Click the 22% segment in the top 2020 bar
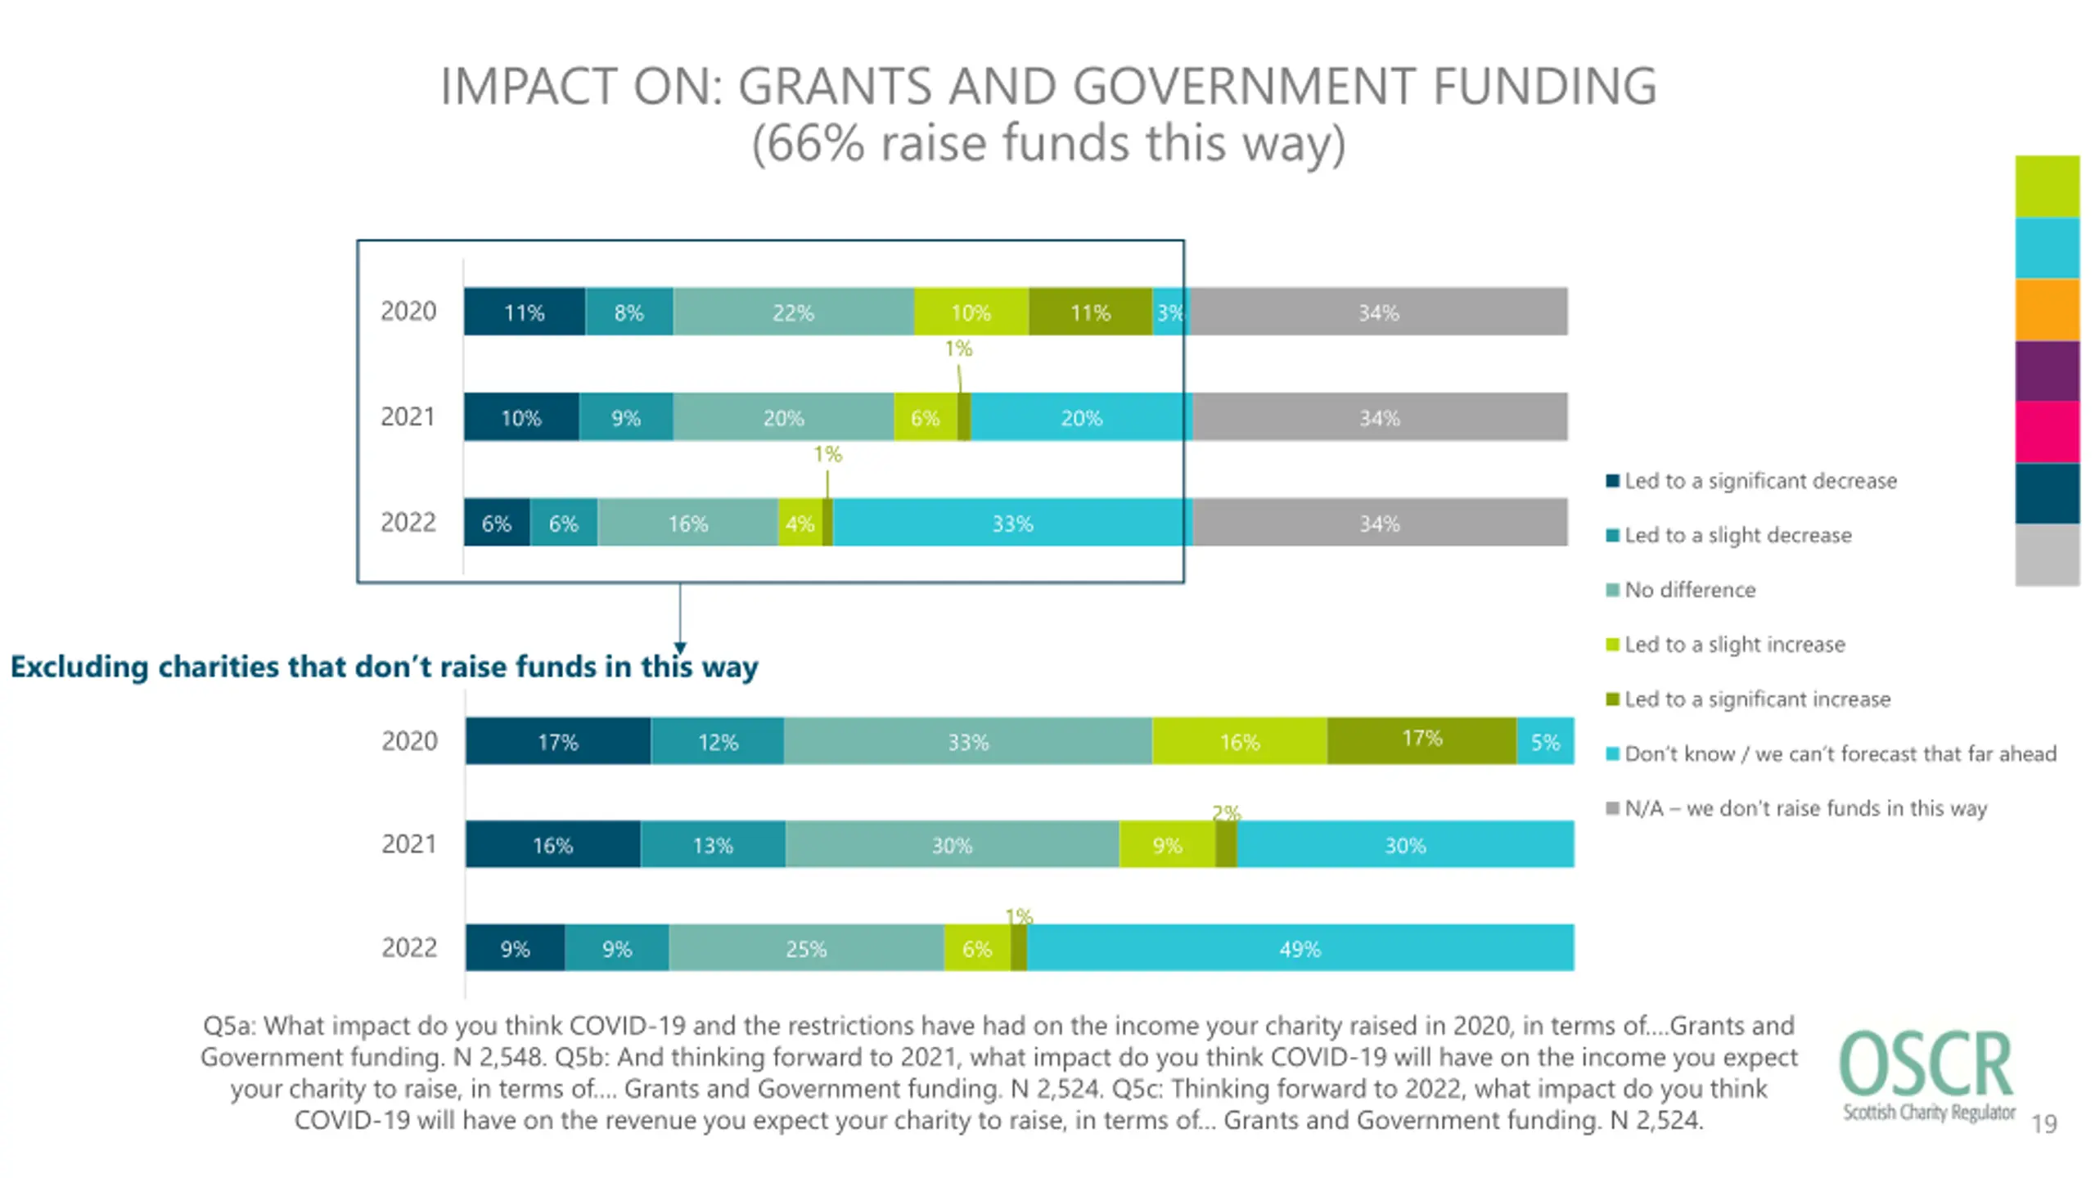tap(792, 312)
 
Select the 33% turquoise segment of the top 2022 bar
tap(1011, 523)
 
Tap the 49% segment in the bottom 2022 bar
tap(1300, 948)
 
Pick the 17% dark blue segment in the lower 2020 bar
tap(557, 741)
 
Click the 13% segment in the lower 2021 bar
tap(712, 844)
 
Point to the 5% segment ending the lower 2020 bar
tap(1544, 741)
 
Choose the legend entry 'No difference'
tap(1689, 590)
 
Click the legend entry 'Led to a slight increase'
tap(1734, 645)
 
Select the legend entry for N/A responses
tap(1804, 808)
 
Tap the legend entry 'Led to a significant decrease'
tap(1759, 481)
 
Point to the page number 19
tap(2043, 1124)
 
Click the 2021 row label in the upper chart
tap(408, 416)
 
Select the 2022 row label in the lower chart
tap(409, 947)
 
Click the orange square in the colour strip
tap(2047, 309)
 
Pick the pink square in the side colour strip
tap(2047, 432)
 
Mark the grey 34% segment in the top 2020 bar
tap(1378, 312)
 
